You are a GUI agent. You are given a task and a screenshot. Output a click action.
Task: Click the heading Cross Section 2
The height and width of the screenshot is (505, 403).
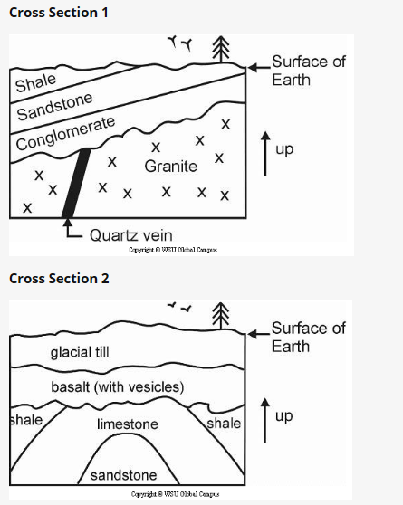(58, 278)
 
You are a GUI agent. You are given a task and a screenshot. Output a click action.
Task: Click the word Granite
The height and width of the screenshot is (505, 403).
(170, 167)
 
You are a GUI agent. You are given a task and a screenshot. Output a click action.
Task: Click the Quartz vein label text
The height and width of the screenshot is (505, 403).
(132, 234)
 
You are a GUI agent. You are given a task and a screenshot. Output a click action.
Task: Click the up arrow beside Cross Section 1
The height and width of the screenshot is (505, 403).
(264, 151)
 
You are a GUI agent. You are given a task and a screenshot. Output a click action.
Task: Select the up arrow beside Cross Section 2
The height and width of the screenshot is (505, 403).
(264, 418)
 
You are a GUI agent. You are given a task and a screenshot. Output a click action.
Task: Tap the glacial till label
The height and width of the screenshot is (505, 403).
(80, 352)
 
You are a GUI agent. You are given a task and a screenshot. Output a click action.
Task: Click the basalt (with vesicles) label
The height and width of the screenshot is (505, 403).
(117, 387)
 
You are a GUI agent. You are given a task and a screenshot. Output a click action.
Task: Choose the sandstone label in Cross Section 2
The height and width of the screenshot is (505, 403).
(123, 475)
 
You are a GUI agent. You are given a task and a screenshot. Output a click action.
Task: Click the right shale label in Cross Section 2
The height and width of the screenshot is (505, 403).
(224, 424)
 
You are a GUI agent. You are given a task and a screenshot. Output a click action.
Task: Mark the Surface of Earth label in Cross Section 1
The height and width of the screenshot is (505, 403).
(309, 71)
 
